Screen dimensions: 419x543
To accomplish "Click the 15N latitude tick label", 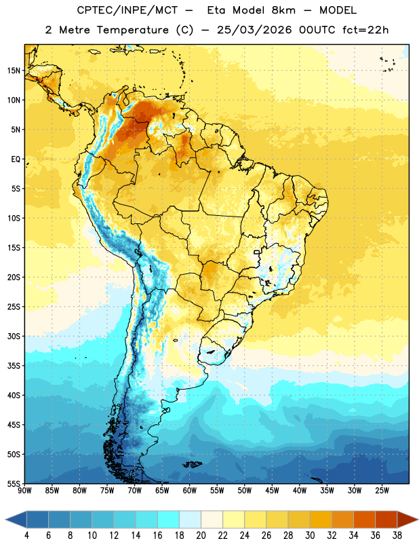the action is [14, 71].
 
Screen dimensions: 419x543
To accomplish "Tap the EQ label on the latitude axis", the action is [16, 160].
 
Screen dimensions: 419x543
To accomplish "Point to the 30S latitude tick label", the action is [14, 336].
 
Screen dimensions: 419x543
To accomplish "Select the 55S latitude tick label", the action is [14, 484].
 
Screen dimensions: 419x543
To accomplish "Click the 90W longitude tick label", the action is [24, 491].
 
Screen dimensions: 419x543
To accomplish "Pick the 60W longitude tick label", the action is [190, 491].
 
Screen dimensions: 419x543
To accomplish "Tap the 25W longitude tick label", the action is [382, 491].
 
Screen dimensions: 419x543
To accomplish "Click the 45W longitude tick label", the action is [272, 491].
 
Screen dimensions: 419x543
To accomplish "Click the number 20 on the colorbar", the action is [201, 536].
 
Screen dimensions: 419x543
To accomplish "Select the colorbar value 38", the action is [397, 536].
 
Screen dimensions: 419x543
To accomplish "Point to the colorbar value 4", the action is [26, 536].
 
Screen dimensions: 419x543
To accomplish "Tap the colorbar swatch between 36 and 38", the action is [386, 519].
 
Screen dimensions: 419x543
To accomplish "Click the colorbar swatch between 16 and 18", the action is [169, 519].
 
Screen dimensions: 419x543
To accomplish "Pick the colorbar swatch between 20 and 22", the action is [212, 519].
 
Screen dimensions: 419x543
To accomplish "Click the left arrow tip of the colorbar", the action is [5, 519].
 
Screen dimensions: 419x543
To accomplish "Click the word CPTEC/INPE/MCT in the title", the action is [127, 10].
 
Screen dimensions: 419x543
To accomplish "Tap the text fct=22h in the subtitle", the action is [365, 30].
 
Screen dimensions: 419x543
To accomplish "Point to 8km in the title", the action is [283, 10].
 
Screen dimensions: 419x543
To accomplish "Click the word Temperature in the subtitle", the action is [132, 30].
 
